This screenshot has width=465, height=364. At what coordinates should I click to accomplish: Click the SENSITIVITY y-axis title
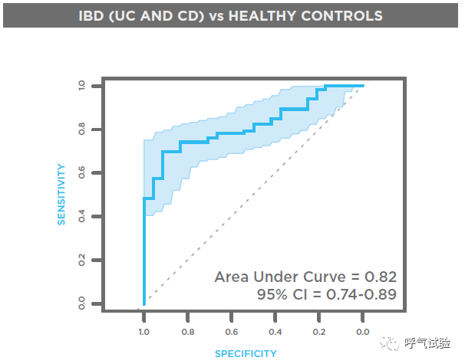[x=61, y=195]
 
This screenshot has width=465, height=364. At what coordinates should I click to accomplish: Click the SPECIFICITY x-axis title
[x=246, y=353]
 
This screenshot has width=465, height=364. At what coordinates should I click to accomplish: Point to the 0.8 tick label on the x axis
[x=188, y=332]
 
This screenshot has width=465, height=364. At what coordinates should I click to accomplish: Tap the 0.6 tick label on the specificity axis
[x=231, y=332]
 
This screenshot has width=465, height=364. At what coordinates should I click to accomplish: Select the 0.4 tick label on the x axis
[x=275, y=332]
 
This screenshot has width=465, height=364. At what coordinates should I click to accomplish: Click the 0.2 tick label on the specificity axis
[x=318, y=332]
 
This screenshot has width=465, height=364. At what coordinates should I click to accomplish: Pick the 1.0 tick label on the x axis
[x=143, y=332]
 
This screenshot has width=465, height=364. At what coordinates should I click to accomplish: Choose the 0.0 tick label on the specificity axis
[x=362, y=332]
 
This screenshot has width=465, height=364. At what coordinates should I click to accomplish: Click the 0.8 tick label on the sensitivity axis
[x=81, y=129]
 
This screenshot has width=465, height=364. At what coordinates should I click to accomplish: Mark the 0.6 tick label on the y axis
[x=81, y=172]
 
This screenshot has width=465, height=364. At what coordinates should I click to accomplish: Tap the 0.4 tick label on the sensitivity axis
[x=81, y=216]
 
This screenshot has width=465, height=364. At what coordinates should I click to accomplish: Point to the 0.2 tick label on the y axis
[x=81, y=260]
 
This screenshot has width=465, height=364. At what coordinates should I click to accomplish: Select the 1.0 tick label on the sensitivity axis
[x=81, y=86]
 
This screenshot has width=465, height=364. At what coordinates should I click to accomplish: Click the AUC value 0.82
[x=381, y=277]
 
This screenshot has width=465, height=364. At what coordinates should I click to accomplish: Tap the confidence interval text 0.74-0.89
[x=361, y=295]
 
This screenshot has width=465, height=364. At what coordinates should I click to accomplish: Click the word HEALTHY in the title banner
[x=262, y=15]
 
